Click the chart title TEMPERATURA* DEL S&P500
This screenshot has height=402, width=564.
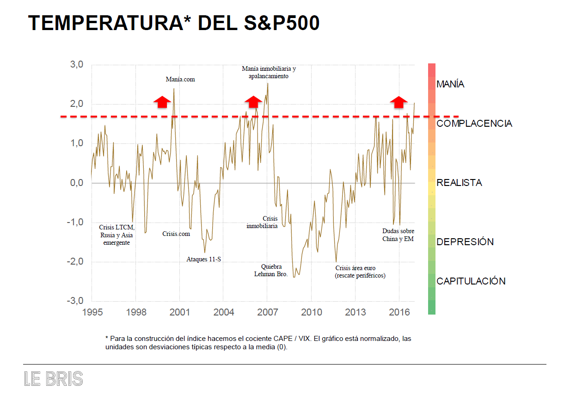click(174, 23)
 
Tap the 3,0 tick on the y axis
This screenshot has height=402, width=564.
click(76, 65)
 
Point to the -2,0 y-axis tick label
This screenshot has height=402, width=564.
click(75, 262)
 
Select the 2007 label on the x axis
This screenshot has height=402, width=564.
click(267, 312)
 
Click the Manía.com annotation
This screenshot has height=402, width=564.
click(180, 79)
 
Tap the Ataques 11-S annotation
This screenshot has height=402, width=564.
click(203, 259)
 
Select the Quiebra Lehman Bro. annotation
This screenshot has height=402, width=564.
click(271, 270)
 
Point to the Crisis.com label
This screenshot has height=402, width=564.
click(176, 234)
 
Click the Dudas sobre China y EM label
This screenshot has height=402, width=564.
click(398, 235)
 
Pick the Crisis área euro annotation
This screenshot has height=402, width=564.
click(360, 272)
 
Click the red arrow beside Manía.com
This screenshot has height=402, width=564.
click(161, 102)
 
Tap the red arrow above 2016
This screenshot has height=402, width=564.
click(398, 102)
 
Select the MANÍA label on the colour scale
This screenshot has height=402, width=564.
click(450, 84)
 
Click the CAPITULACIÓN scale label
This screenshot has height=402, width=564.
click(471, 281)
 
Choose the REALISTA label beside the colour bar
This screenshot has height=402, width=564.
click(459, 183)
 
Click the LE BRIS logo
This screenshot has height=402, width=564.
click(53, 379)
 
